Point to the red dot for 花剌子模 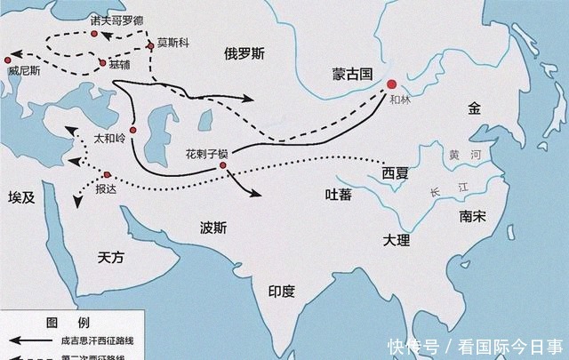click(x=223, y=164)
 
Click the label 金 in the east click(x=473, y=108)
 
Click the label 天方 click(x=115, y=257)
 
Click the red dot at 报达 click(x=107, y=174)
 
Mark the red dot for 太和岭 click(x=133, y=131)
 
